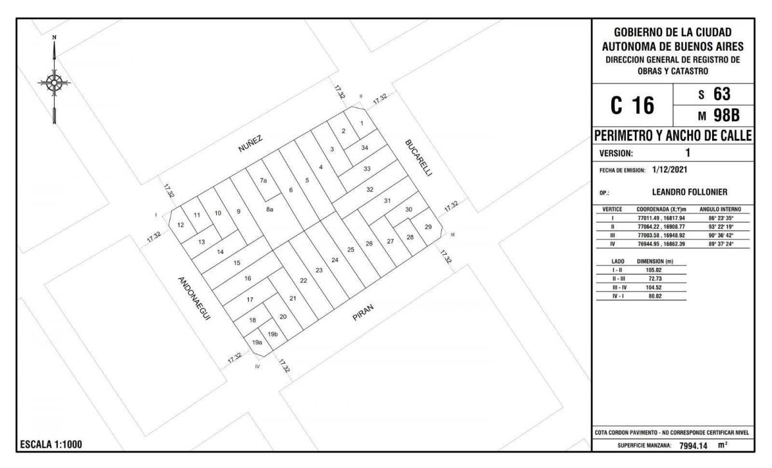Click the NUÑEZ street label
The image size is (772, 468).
[250, 143]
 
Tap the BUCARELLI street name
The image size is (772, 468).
[418, 157]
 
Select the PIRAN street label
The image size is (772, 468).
[363, 312]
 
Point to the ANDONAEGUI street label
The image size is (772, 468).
[194, 298]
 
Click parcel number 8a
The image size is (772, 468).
[270, 209]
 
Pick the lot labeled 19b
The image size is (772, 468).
[273, 334]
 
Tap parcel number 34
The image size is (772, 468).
[365, 147]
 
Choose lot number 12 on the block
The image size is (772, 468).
[181, 225]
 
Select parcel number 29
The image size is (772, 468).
[428, 226]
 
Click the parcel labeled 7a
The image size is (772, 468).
[263, 180]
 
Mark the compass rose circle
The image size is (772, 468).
[54, 83]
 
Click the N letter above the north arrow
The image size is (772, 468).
[54, 37]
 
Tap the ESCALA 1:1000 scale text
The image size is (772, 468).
[51, 445]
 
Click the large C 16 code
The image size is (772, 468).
[632, 105]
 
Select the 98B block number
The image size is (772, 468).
[726, 116]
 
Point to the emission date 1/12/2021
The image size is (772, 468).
[670, 170]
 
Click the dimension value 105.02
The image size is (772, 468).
[654, 270]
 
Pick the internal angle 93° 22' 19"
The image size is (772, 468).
[721, 226]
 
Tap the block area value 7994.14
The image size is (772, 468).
[694, 446]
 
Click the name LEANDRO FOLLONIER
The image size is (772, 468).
[690, 192]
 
